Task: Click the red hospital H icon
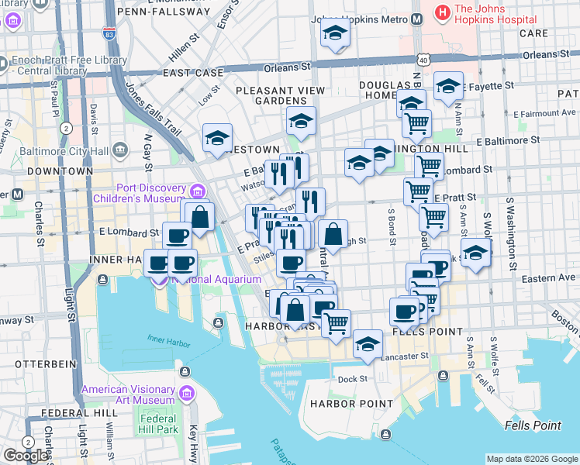click(442, 11)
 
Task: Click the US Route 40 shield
click(422, 59)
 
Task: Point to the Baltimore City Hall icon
click(120, 149)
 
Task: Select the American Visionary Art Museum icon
click(186, 394)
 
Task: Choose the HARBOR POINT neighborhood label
click(343, 404)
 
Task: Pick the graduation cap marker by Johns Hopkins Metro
click(335, 33)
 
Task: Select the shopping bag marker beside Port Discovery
click(199, 216)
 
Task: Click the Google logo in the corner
click(26, 456)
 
